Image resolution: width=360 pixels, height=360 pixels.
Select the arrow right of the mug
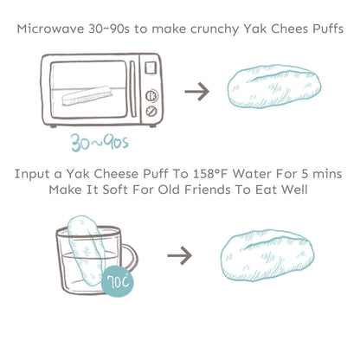(x=179, y=255)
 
